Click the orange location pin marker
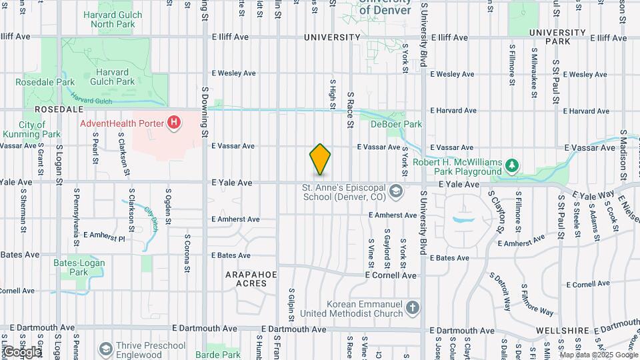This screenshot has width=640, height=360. (x=320, y=159)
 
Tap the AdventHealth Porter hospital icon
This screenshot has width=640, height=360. (x=175, y=123)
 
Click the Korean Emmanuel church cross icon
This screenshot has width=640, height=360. (x=413, y=308)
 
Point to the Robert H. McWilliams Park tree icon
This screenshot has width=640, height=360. (x=512, y=164)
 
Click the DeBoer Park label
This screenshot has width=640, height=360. (x=400, y=124)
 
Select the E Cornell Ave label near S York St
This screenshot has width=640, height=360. (x=391, y=275)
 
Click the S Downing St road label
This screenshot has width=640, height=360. (x=205, y=107)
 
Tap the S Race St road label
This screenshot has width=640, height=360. (x=349, y=110)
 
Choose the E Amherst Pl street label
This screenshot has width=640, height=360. (x=104, y=236)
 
